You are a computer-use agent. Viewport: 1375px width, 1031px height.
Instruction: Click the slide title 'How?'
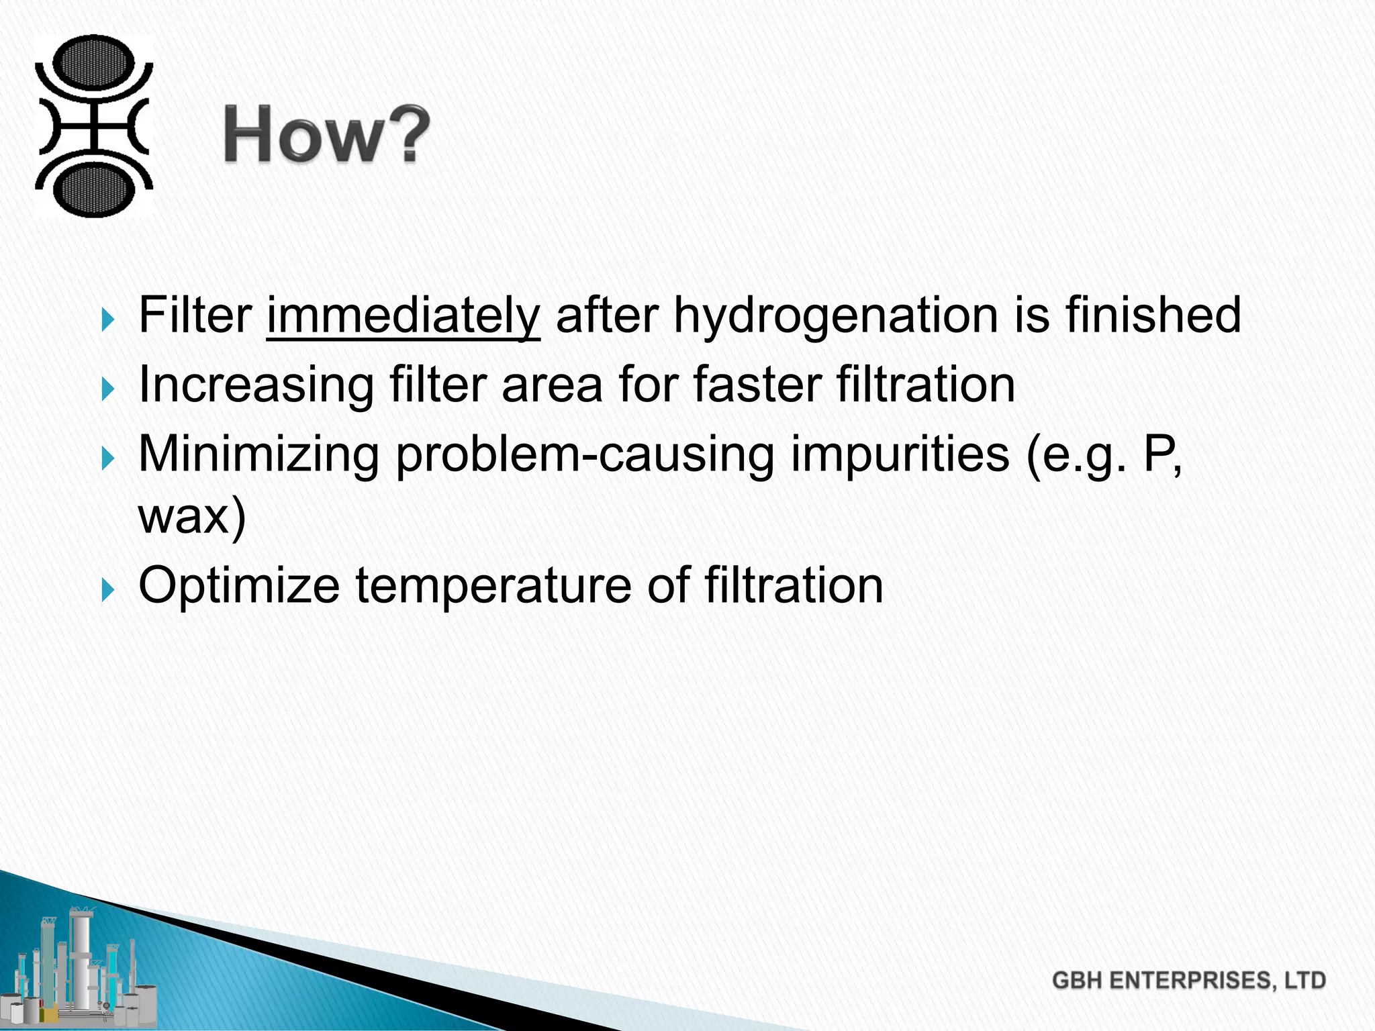coord(327,135)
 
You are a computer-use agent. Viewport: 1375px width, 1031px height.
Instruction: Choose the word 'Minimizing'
coord(258,455)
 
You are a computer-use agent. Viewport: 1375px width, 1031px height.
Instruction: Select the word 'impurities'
coord(900,454)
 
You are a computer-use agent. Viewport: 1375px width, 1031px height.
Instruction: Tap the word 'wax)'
coord(192,517)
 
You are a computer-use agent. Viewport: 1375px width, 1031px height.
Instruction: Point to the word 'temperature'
coord(493,587)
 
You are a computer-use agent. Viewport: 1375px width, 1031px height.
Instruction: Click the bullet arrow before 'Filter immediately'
coord(108,320)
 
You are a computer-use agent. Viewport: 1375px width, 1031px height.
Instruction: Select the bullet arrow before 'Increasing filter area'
coord(108,389)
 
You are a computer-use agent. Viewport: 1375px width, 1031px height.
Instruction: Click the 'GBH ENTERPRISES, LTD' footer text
coord(1189,981)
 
